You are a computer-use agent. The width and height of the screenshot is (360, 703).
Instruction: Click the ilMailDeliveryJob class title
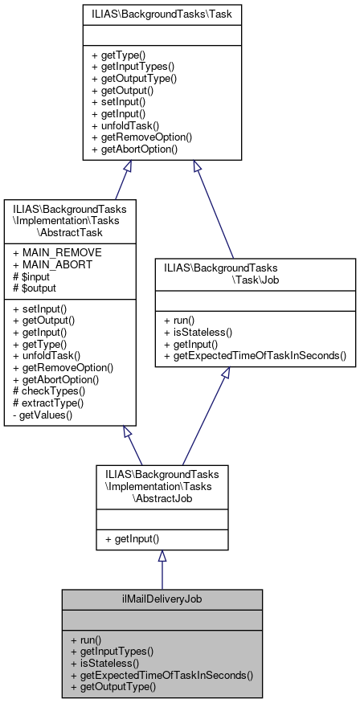162,599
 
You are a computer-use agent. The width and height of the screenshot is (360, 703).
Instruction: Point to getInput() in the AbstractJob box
133,538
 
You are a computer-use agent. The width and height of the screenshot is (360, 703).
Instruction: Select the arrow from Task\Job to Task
213,209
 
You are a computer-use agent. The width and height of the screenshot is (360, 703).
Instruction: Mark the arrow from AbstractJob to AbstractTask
134,446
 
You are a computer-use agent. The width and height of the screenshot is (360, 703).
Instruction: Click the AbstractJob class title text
162,487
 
